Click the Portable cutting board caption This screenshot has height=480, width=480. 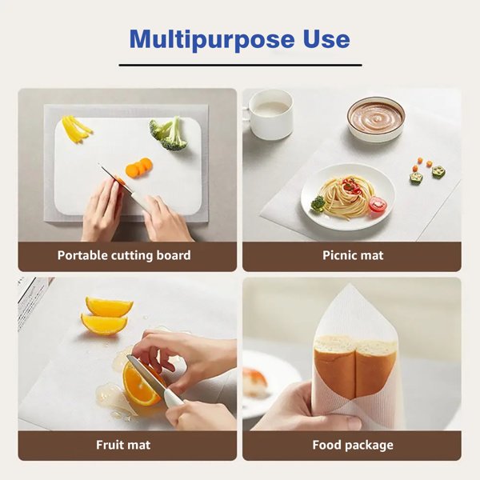click(x=124, y=255)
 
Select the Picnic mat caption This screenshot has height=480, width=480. click(x=353, y=255)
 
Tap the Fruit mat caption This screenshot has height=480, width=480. click(x=123, y=445)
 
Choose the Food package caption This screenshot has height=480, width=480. click(x=353, y=445)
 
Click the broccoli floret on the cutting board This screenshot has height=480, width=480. click(x=169, y=134)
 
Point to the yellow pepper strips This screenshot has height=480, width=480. click(x=77, y=129)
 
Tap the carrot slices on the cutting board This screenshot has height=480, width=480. click(x=139, y=167)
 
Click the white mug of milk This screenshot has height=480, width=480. click(x=270, y=114)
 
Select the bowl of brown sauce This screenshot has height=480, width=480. click(x=376, y=119)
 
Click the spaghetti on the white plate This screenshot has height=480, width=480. click(x=347, y=196)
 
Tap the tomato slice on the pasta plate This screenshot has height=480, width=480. click(x=378, y=205)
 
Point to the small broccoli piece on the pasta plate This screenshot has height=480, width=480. click(x=318, y=203)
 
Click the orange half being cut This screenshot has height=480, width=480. click(x=142, y=383)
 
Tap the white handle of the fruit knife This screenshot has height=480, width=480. click(x=174, y=401)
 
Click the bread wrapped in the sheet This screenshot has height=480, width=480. click(x=355, y=366)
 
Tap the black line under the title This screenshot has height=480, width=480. click(x=240, y=66)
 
